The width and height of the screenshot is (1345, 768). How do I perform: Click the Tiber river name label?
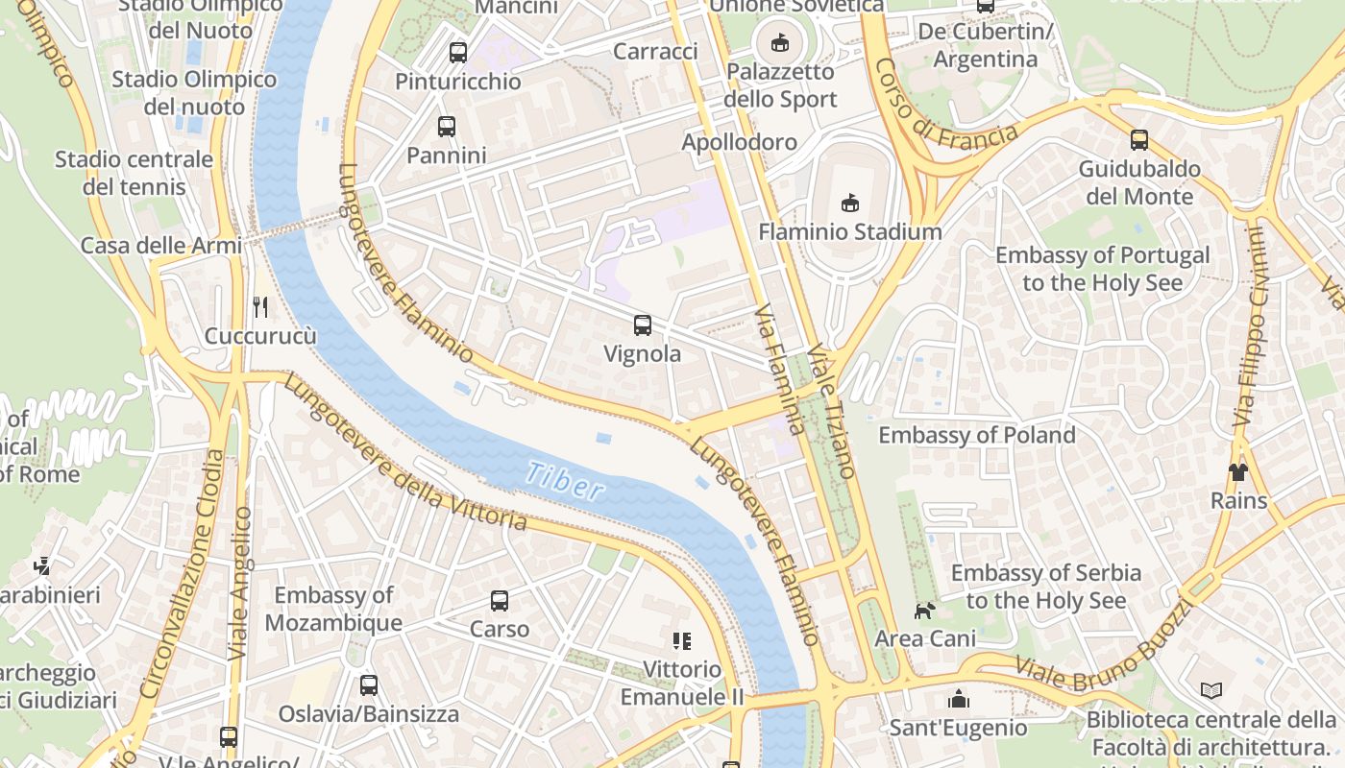tap(566, 481)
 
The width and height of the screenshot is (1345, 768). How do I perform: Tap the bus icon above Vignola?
tap(643, 325)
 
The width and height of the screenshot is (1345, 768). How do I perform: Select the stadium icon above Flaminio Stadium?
tap(849, 203)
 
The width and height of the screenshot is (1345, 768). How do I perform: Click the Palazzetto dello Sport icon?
tap(780, 42)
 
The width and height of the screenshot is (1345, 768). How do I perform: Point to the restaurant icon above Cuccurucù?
tap(260, 307)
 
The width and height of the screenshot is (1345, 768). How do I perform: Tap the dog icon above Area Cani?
tap(923, 610)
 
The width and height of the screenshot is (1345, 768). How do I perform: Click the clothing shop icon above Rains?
tap(1237, 471)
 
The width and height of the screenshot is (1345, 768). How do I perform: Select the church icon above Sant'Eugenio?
tap(958, 698)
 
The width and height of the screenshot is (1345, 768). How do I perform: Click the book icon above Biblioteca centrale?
tap(1211, 690)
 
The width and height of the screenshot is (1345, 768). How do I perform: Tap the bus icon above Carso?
tap(500, 601)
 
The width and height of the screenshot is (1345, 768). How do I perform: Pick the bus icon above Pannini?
tap(447, 126)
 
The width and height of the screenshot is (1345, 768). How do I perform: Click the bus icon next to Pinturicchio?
tap(458, 52)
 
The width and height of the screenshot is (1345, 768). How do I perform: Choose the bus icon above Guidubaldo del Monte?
tap(1139, 140)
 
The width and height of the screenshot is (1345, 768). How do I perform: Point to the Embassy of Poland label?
tap(977, 435)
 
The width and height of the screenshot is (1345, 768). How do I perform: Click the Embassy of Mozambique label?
tap(333, 609)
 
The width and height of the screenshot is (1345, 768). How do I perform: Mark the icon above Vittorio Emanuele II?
tap(682, 640)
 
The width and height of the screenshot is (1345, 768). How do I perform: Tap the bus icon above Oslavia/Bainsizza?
tap(369, 685)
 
